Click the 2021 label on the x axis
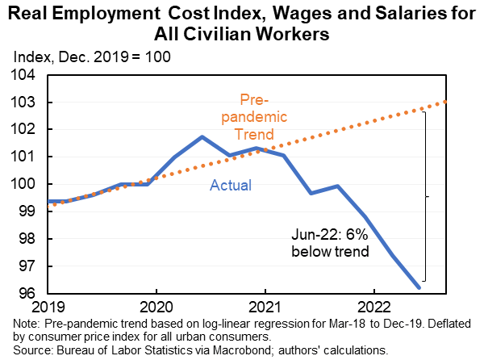coord(264,308)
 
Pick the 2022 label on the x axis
coord(373,308)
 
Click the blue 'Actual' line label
coord(232,186)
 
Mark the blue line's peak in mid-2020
coord(202,137)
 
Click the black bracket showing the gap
coord(425,196)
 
